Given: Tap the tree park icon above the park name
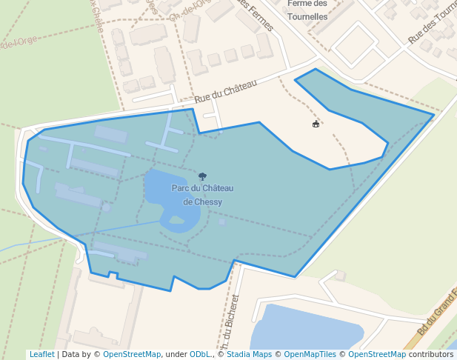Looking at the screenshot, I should (202, 176).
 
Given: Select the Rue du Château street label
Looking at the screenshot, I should (225, 92).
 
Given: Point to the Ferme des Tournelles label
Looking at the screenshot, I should (307, 10).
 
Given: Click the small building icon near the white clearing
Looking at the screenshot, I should (316, 124).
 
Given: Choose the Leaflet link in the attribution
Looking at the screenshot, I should (41, 354).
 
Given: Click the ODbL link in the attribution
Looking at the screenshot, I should (199, 354).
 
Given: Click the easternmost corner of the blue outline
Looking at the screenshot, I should (434, 115).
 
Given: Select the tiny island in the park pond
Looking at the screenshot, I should (176, 219).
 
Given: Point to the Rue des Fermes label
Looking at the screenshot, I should (256, 15).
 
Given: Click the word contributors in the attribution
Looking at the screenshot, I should (430, 354).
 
